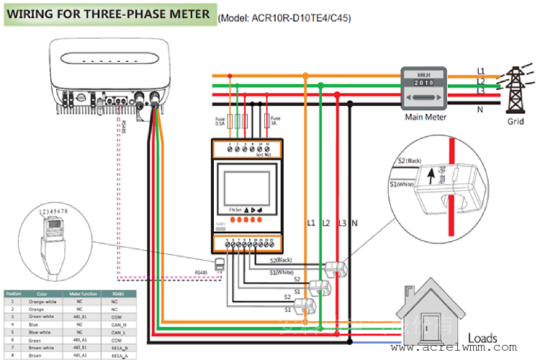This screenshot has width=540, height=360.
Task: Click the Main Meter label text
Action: [x=426, y=117]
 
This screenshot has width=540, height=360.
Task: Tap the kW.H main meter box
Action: [x=426, y=89]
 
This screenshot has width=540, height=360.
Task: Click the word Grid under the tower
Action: [x=516, y=122]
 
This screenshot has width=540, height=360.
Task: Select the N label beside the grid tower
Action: [x=480, y=109]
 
